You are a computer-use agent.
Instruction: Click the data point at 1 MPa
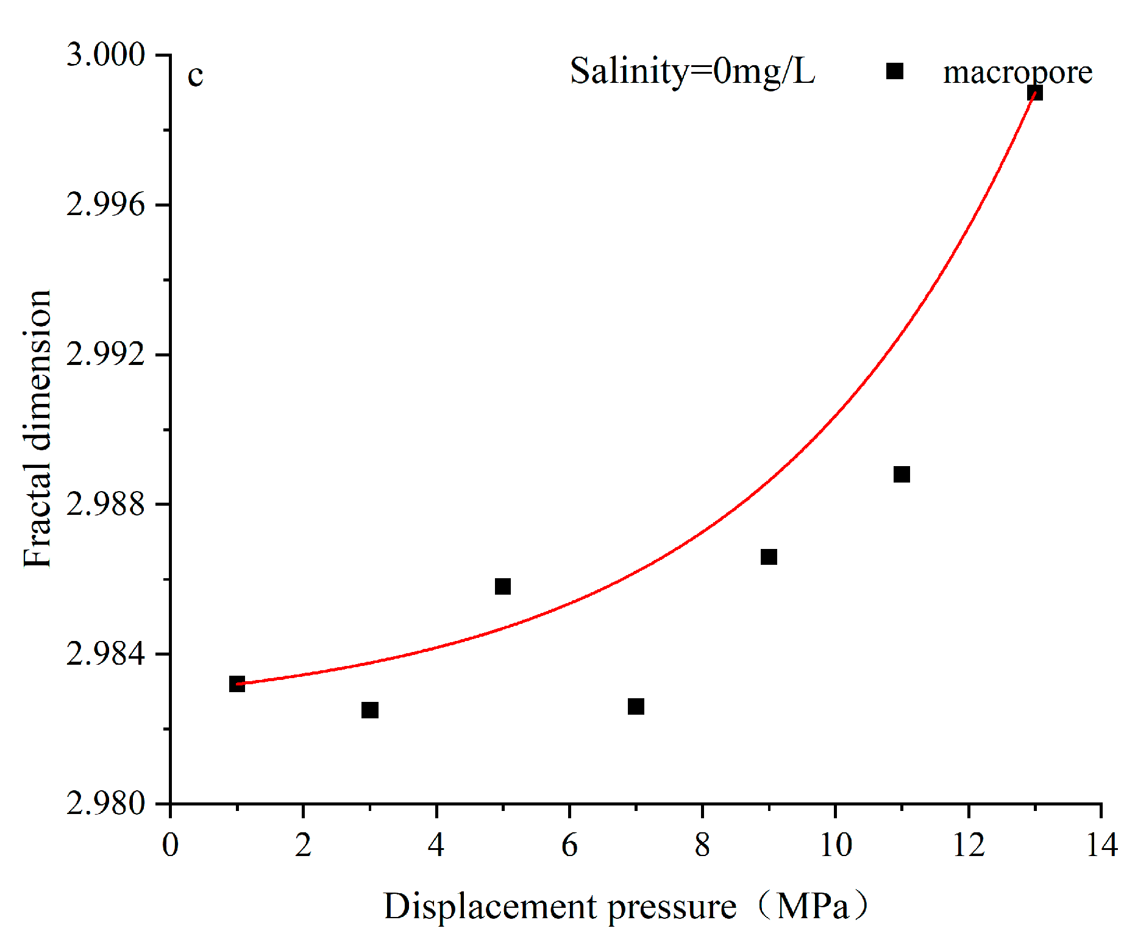click(x=237, y=684)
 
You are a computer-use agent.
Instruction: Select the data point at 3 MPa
click(x=370, y=710)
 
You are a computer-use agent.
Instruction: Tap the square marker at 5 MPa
click(x=503, y=586)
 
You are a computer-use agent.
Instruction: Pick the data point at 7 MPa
click(x=636, y=706)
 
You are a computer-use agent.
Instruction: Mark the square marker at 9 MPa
click(x=769, y=557)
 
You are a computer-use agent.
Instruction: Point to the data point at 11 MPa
click(x=902, y=474)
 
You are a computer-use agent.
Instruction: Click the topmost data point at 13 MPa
click(x=1034, y=93)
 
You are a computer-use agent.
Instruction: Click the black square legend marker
click(x=894, y=71)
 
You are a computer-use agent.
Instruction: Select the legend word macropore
click(x=1017, y=73)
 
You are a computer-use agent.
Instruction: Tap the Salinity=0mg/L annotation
click(x=692, y=72)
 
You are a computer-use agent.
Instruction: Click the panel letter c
click(x=195, y=76)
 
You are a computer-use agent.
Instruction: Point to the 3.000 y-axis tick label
click(x=106, y=55)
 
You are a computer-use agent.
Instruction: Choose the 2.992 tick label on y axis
click(x=106, y=354)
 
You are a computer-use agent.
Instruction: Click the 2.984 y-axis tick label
click(x=106, y=654)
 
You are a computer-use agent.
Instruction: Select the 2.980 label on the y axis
click(x=106, y=804)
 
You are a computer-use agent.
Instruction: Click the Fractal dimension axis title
click(x=38, y=428)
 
